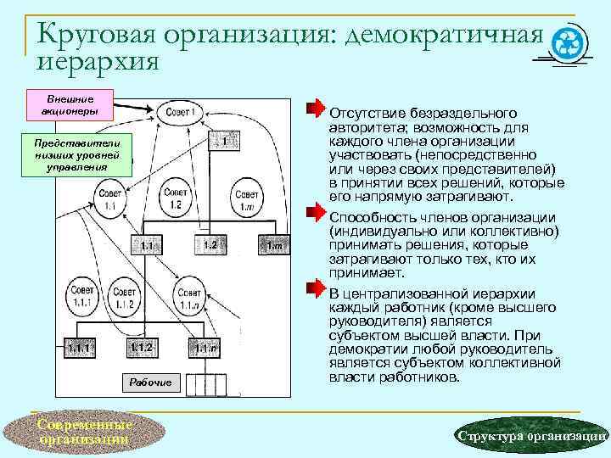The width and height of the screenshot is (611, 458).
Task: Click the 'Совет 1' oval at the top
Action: pos(180,111)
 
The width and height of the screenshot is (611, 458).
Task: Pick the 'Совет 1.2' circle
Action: pos(176,197)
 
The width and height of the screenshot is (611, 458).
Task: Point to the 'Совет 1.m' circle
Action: pos(248,197)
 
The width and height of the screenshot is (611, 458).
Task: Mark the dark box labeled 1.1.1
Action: pos(81,349)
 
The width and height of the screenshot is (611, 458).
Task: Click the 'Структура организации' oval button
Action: pos(530,435)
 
